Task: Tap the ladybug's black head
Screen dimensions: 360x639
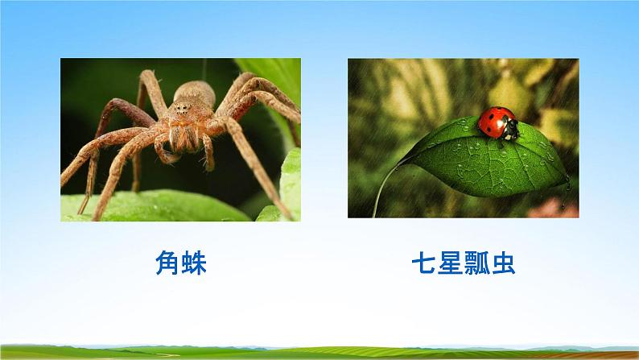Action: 509,130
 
